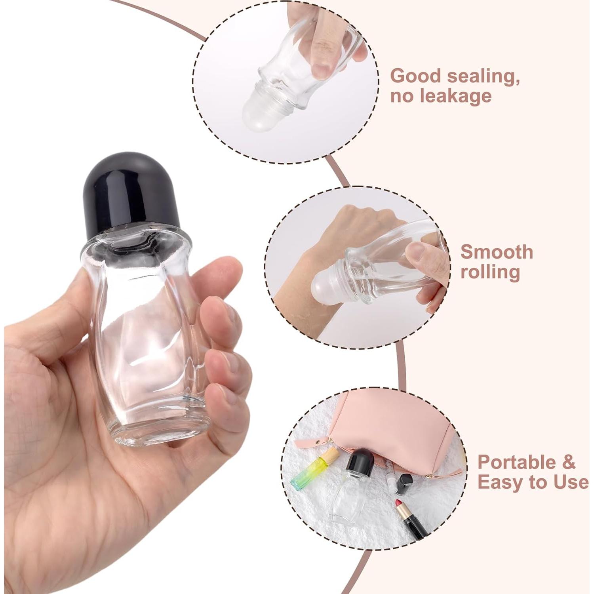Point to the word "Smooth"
497,252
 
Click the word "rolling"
490,272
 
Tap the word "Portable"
517,462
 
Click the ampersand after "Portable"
568,462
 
